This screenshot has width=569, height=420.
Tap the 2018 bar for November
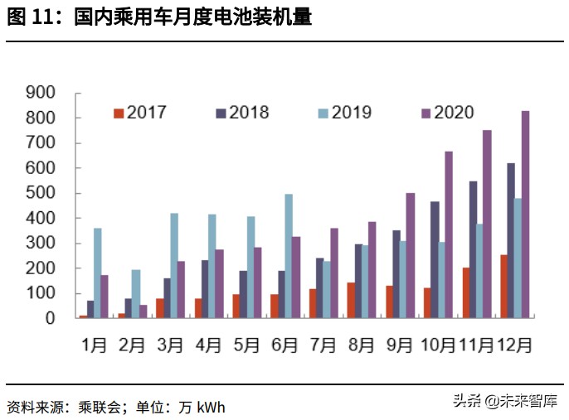[x=473, y=249]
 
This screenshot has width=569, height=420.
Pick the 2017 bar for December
[x=503, y=286]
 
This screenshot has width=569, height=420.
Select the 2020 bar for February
[x=143, y=311]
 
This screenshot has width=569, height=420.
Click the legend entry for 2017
[x=140, y=113]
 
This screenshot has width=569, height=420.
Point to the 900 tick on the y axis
[x=40, y=93]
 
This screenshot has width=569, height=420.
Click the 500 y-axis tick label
[x=40, y=193]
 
